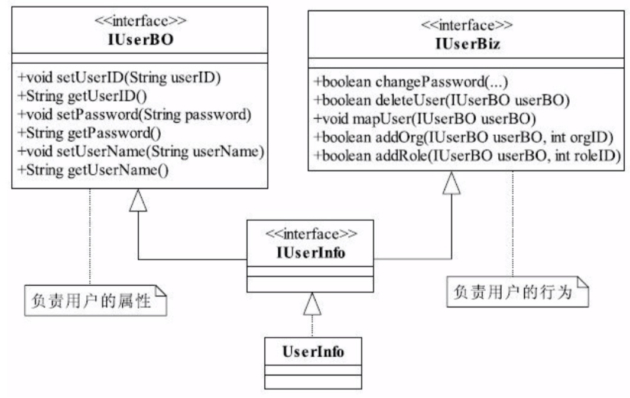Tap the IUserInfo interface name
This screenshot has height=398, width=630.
(311, 252)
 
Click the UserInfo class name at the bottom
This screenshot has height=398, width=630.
(313, 353)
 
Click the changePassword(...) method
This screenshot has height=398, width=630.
(420, 82)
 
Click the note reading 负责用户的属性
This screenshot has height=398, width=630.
(95, 299)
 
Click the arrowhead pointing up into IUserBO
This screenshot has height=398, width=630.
(138, 201)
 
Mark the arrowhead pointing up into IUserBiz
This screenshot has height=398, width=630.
(452, 184)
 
